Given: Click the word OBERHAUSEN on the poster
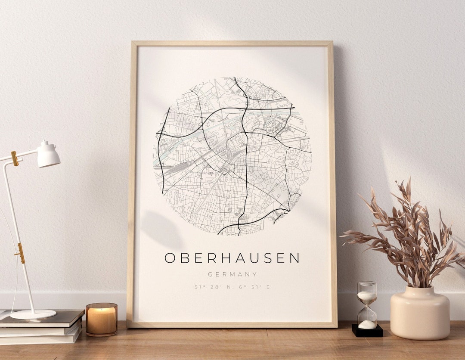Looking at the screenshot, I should pos(232,258).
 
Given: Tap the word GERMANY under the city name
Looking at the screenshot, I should pos(232,274).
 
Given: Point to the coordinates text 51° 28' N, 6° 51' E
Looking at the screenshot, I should pos(232,287).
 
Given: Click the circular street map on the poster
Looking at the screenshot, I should pos(232,156).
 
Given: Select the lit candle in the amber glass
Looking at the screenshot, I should pos(101,319).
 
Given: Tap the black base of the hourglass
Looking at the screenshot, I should pos(367,331).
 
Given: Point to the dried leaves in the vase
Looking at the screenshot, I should pos(405,237).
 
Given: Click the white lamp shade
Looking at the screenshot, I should pos(48,155).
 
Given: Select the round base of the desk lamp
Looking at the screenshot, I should pos(33,314).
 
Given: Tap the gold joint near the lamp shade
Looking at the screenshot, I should pos(15,158).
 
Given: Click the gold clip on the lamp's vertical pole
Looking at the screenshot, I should pos(20,253).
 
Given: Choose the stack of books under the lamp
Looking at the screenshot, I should pos(41,327).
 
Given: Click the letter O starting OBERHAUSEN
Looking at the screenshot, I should pos(170,258).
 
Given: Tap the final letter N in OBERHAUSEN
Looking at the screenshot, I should pos(294,258).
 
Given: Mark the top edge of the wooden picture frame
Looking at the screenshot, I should pos(232,43).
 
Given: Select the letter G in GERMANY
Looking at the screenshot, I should pos(210,274).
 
